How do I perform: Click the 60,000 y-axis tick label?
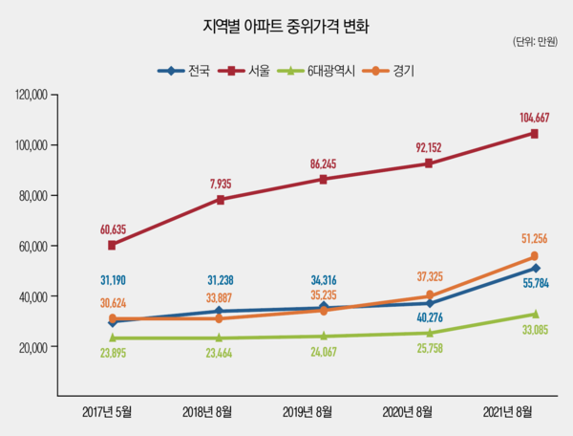click(34, 246)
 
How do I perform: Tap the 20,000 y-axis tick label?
click(34, 346)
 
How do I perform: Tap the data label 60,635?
click(113, 229)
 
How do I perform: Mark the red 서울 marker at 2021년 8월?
click(534, 134)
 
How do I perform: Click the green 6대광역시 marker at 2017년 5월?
click(113, 338)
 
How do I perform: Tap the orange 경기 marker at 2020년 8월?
click(429, 295)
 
